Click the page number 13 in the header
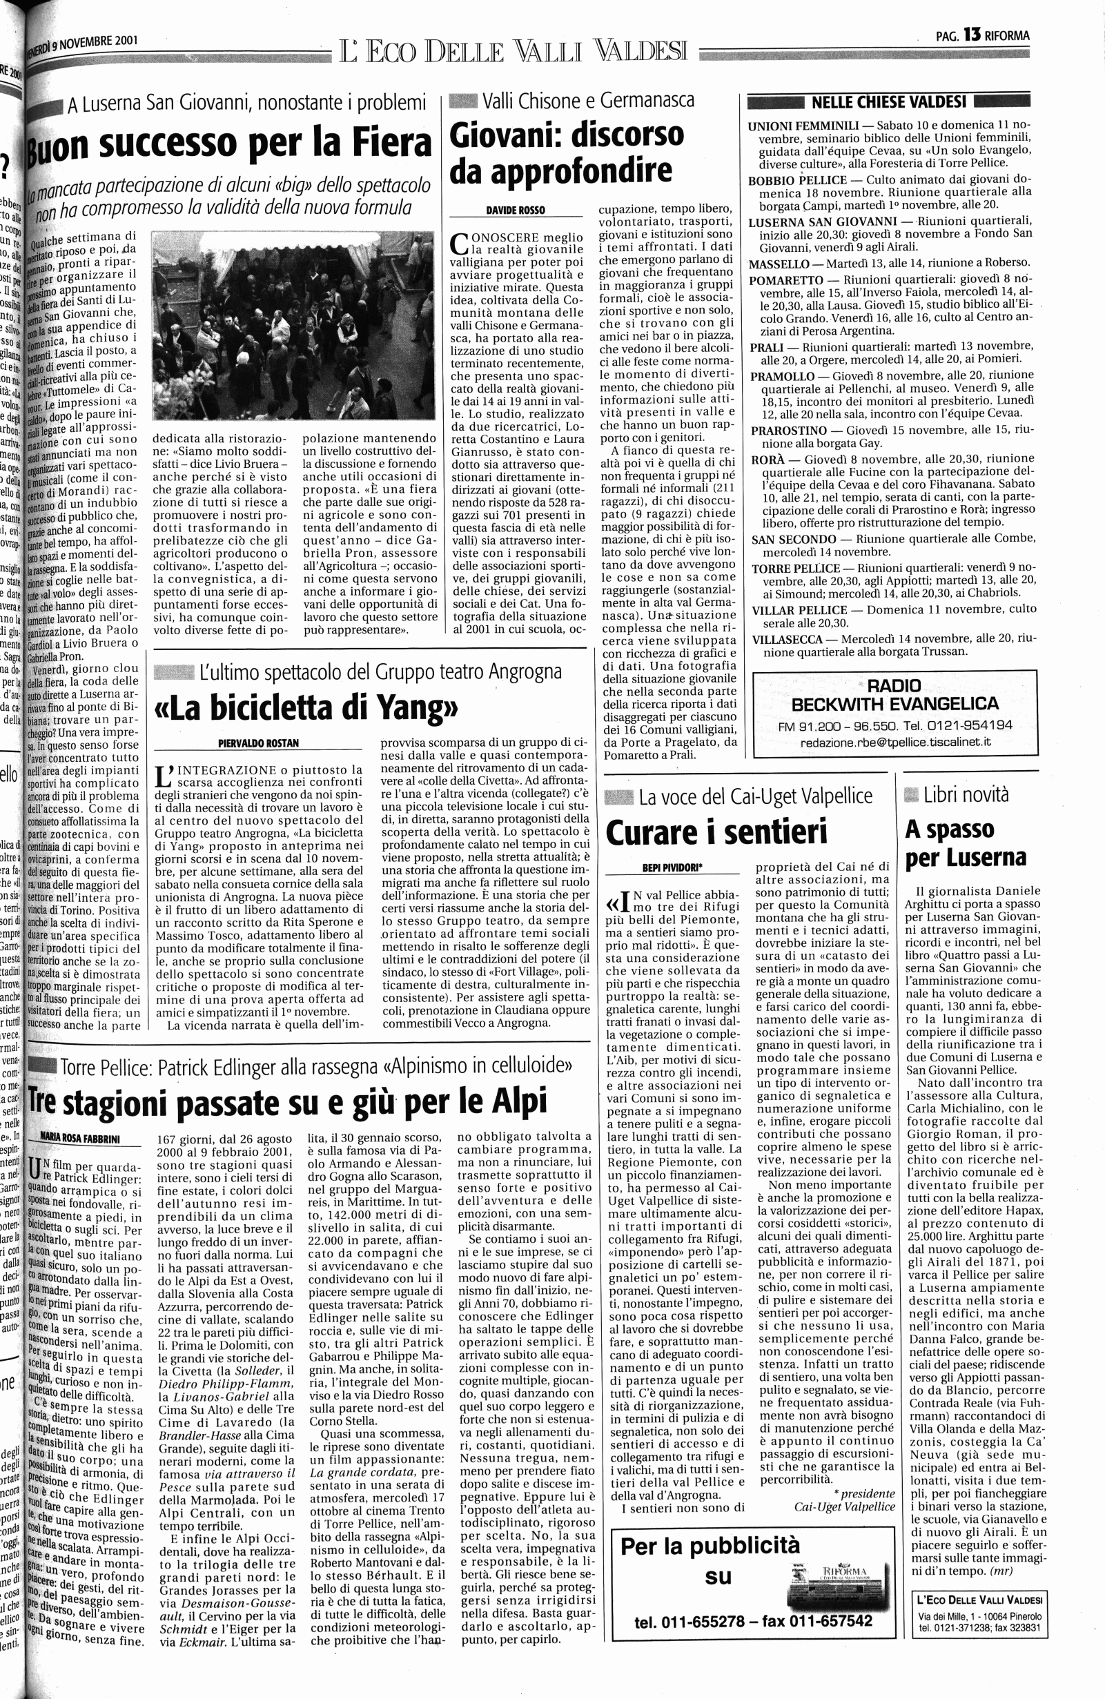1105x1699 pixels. (972, 34)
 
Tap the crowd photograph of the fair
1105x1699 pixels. (293, 325)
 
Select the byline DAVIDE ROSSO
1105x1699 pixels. (516, 210)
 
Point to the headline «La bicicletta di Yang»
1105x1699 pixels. (306, 707)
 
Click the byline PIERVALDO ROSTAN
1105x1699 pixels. (258, 743)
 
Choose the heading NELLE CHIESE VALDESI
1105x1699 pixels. (889, 101)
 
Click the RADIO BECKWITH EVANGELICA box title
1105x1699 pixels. (895, 695)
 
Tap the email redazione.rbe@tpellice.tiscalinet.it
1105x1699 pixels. (895, 742)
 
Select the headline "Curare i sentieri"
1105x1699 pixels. (716, 832)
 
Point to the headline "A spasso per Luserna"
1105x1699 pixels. (965, 843)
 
